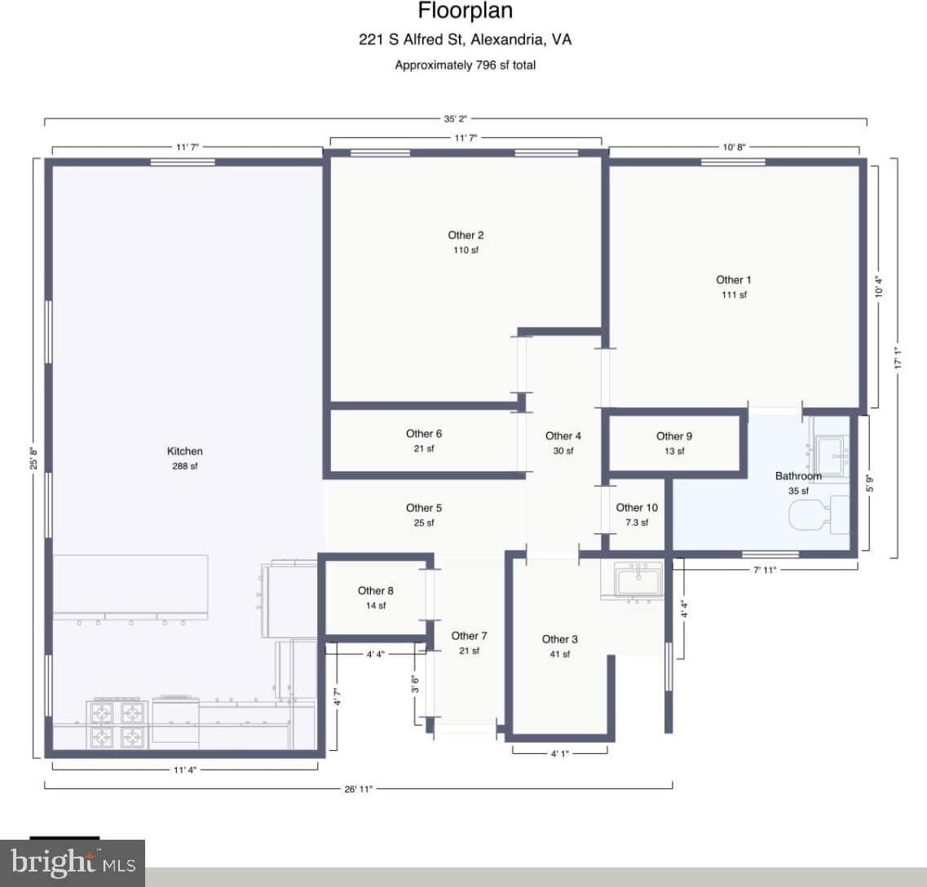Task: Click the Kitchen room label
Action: click(184, 451)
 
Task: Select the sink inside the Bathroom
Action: click(830, 449)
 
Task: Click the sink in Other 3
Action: click(639, 581)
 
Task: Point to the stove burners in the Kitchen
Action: click(114, 724)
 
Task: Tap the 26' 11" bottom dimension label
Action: click(358, 789)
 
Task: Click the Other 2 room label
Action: click(466, 235)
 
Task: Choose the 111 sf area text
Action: click(733, 295)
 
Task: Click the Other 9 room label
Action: click(673, 436)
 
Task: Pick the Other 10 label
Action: click(636, 508)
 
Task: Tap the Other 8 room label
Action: click(375, 590)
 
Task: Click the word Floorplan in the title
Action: click(465, 11)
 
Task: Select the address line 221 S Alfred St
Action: click(465, 39)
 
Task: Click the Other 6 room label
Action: click(424, 434)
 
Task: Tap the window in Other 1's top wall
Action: click(733, 162)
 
